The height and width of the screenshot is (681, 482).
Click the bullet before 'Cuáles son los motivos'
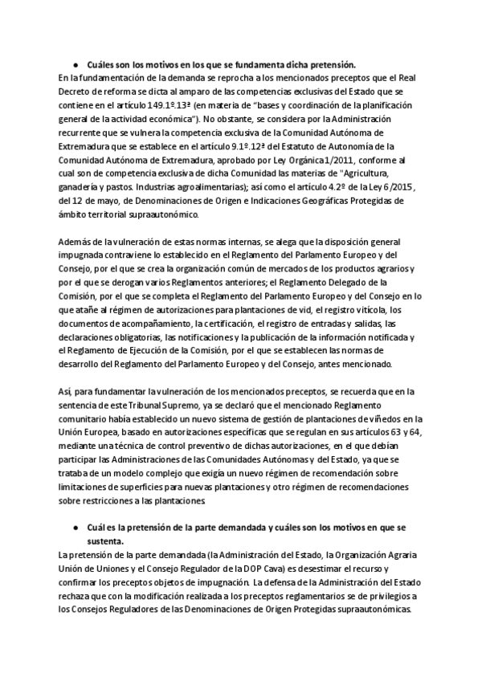pos(74,63)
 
